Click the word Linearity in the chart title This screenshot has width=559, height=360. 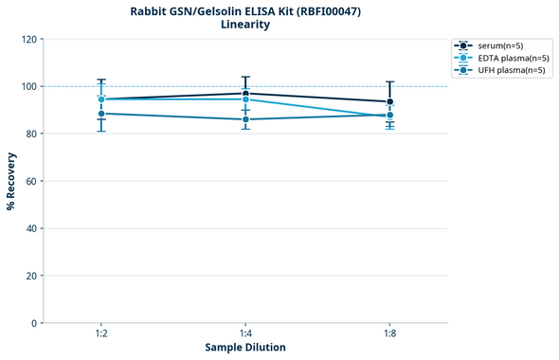(x=245, y=25)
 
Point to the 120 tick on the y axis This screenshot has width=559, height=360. (x=28, y=39)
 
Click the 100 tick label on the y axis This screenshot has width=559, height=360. (x=28, y=86)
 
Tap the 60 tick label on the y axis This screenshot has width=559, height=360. (x=31, y=181)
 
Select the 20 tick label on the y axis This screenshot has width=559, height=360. (x=31, y=276)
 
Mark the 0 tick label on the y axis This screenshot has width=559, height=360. (x=34, y=323)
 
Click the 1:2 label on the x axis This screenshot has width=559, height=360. (x=100, y=334)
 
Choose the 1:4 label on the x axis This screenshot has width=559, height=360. (x=245, y=334)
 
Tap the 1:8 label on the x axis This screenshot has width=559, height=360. (x=390, y=334)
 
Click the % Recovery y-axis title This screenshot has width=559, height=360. (x=11, y=181)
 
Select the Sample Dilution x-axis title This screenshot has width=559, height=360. (x=245, y=348)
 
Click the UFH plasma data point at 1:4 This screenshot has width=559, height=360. (x=245, y=119)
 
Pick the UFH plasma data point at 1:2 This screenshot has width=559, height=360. (x=100, y=114)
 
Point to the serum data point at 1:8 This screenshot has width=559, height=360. (x=390, y=101)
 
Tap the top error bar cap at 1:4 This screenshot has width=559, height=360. (x=245, y=77)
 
